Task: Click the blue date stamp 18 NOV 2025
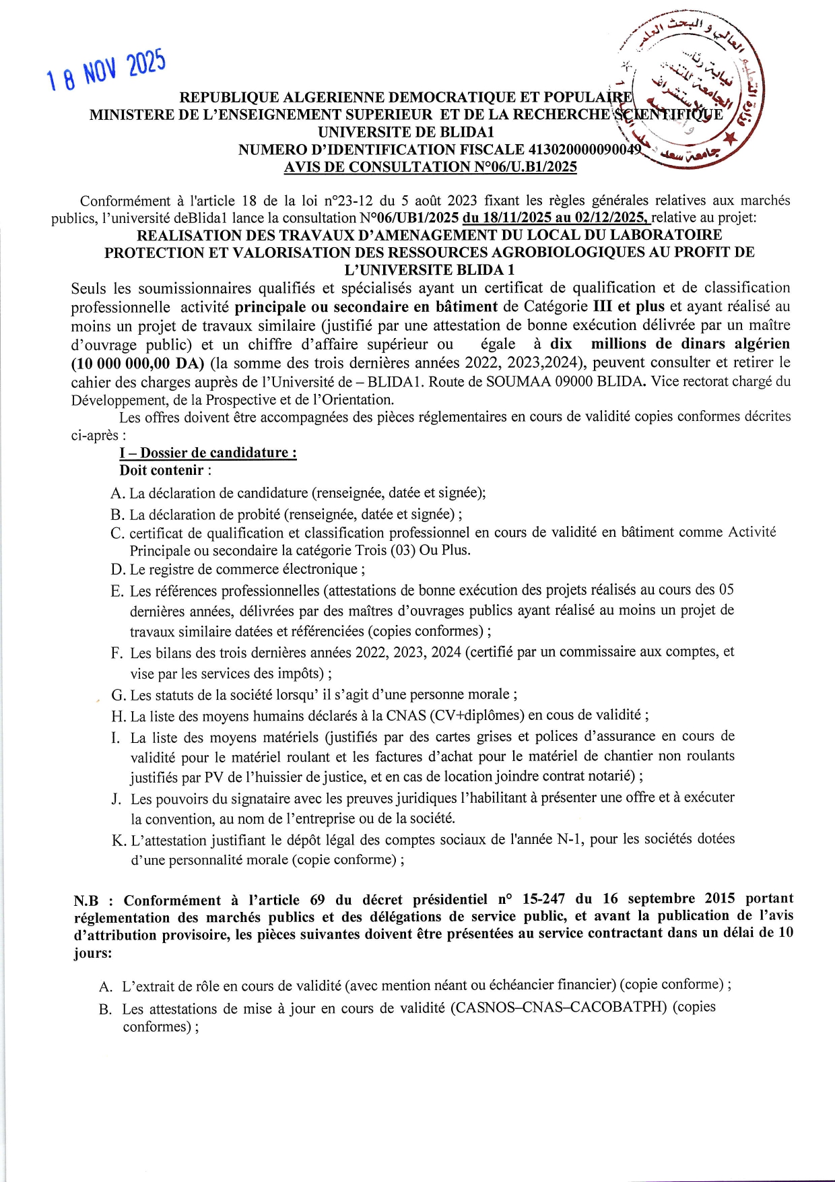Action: click(106, 71)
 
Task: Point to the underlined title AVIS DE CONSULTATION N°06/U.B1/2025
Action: click(430, 167)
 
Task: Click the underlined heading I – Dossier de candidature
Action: click(208, 453)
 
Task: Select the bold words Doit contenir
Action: click(162, 470)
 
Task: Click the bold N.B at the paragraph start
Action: click(86, 900)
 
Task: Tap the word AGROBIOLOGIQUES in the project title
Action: click(581, 253)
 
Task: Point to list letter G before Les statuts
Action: click(119, 695)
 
